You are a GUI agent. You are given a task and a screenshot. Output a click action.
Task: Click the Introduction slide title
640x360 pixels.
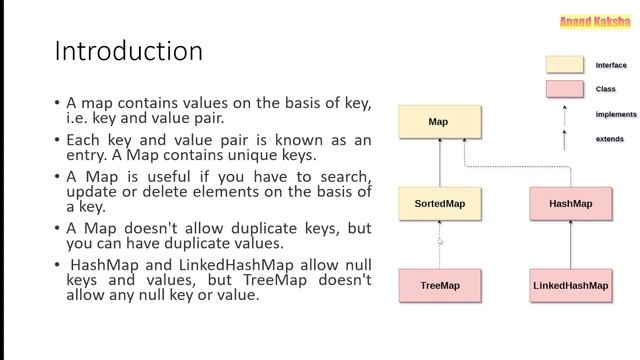(x=128, y=50)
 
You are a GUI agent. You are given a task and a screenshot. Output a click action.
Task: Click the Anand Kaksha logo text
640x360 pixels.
(x=594, y=21)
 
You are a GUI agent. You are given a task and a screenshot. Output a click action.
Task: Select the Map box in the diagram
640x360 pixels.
(x=438, y=122)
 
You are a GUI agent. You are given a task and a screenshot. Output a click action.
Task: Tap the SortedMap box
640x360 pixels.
(x=439, y=204)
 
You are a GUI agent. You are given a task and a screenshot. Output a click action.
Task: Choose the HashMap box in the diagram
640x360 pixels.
(x=570, y=204)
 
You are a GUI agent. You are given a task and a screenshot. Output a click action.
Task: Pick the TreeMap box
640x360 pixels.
(x=439, y=286)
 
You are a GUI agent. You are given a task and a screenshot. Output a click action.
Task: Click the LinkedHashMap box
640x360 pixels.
(x=570, y=286)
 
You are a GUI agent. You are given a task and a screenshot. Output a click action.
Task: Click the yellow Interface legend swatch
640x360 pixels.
(x=564, y=65)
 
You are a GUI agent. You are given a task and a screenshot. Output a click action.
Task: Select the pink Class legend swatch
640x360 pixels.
(x=564, y=90)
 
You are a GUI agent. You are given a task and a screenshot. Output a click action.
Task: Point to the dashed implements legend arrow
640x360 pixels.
(x=565, y=114)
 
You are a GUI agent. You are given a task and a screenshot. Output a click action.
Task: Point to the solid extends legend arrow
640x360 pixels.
(x=565, y=139)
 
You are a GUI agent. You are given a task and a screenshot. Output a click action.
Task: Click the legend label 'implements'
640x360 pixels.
(x=616, y=114)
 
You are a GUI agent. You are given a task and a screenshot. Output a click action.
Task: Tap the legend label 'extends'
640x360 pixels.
(x=610, y=139)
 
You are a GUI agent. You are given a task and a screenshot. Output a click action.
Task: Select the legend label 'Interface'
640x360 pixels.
(x=612, y=65)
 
